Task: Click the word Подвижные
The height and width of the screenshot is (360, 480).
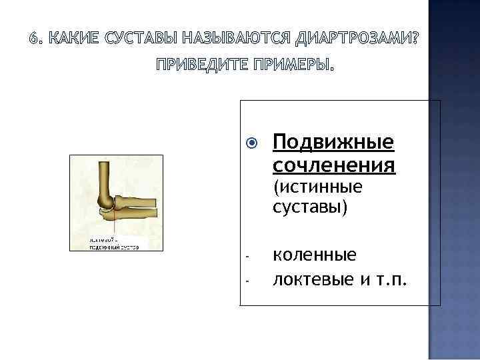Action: tap(333, 142)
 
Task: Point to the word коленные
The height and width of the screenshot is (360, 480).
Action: tap(314, 255)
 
